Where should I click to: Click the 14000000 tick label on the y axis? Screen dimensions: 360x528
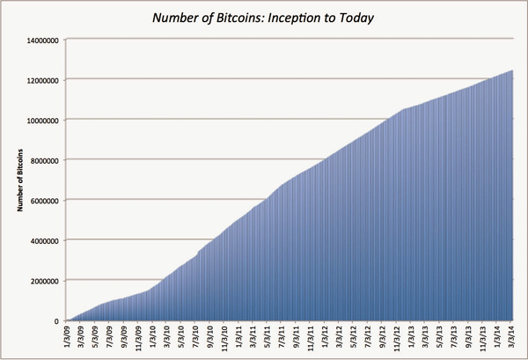[x=41, y=40]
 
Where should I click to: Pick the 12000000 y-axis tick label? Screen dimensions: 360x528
[x=41, y=80]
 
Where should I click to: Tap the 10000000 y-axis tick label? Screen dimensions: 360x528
[x=41, y=120]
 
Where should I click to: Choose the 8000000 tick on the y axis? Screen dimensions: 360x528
[x=43, y=160]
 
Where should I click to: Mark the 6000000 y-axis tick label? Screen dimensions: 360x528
[x=43, y=201]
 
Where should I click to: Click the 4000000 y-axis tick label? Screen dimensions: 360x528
[x=43, y=240]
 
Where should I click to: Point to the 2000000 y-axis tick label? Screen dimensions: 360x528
[x=43, y=281]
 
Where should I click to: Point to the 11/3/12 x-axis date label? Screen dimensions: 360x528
[x=397, y=339]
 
